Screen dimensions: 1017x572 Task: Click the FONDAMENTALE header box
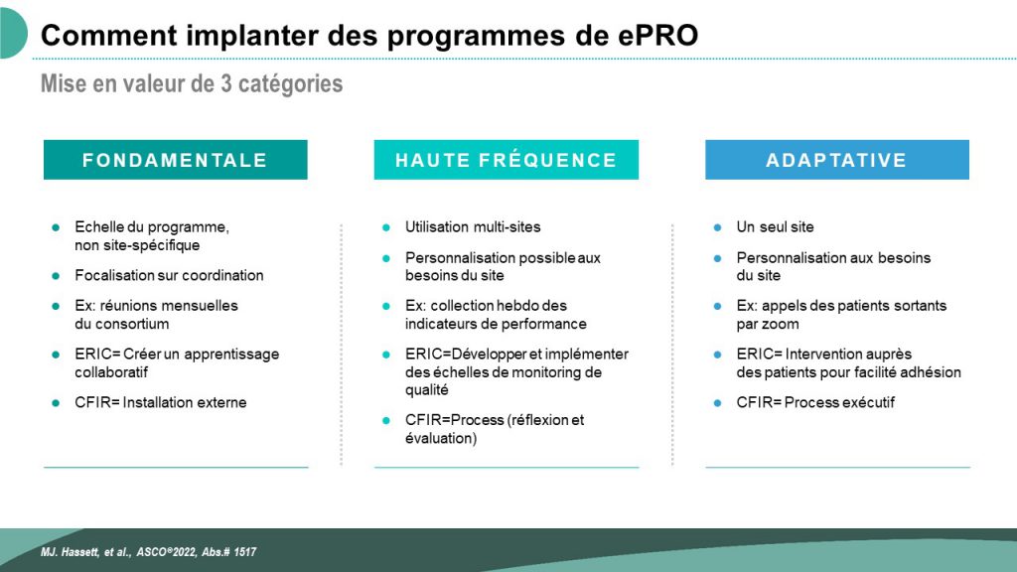175,160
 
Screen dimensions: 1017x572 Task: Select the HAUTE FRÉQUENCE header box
506,160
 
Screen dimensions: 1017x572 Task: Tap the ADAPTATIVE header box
837,160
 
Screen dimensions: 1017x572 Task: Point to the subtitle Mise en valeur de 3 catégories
192,83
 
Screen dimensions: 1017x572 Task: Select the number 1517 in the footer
244,552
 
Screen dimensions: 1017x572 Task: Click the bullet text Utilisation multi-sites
473,227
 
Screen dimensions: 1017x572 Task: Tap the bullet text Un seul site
775,227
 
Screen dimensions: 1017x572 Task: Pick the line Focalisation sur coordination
169,275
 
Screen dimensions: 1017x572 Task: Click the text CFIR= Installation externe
160,402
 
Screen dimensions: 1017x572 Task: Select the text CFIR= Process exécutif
815,402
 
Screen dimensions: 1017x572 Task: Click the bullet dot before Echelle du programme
56,227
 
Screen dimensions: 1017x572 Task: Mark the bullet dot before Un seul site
717,227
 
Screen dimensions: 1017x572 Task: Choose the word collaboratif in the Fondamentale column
111,372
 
